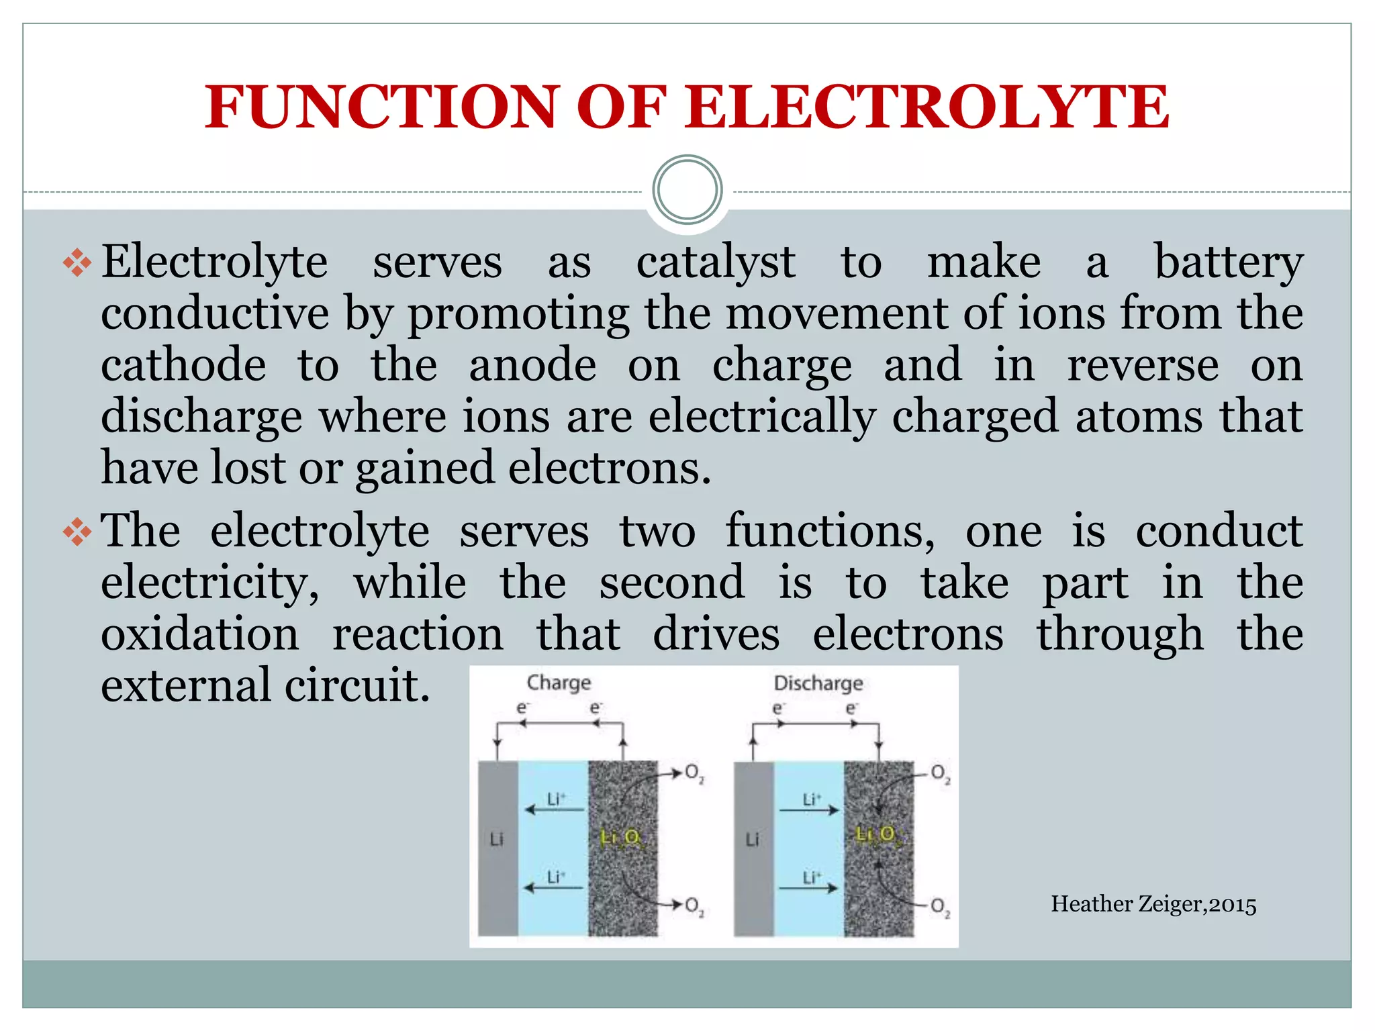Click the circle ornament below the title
coord(687,190)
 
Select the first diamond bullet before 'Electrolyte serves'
coord(77,262)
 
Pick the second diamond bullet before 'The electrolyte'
coord(77,532)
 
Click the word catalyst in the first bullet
coord(716,262)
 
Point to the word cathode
coord(183,366)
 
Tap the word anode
coord(532,366)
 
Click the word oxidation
coord(199,634)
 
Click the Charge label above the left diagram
coord(559,683)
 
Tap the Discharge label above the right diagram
coord(818,683)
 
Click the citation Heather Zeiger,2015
coord(1153,904)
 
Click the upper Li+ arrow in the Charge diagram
coord(555,809)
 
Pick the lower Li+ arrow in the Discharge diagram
coord(809,888)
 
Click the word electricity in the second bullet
coord(209,583)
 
